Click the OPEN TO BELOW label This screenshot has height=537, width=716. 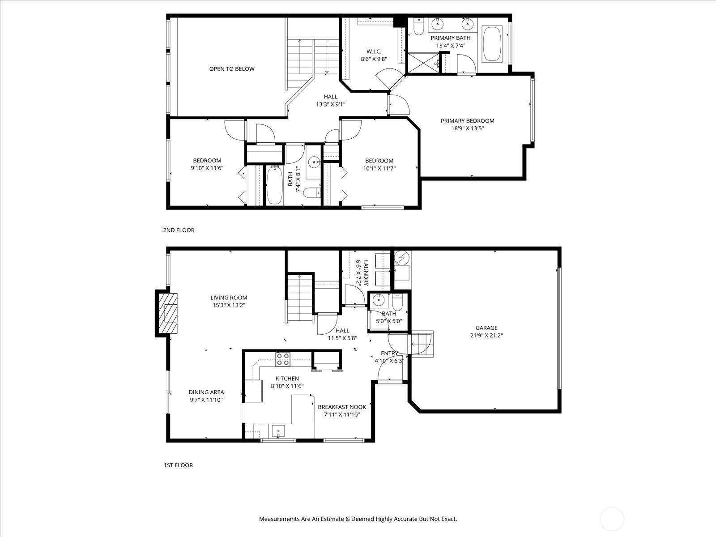pos(232,69)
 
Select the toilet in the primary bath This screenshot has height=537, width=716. pos(418,27)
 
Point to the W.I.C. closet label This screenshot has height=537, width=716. pos(374,51)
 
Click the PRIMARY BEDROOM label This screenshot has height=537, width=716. pos(468,121)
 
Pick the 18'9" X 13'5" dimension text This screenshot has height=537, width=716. pos(468,128)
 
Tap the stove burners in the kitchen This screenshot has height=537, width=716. pos(283,358)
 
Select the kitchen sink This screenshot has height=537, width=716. pos(278,431)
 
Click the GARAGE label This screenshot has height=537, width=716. pos(486,328)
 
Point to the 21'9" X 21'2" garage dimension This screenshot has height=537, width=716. pos(486,335)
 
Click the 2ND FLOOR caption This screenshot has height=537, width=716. pos(179,230)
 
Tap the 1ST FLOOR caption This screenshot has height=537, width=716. pos(178,465)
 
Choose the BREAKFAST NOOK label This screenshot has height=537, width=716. pos(342,407)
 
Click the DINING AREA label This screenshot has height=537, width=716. pos(206,392)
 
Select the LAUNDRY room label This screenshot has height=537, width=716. pos(366,273)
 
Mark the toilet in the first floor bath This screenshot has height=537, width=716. pos(398,302)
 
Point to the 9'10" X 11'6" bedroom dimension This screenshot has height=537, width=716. pos(207,168)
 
